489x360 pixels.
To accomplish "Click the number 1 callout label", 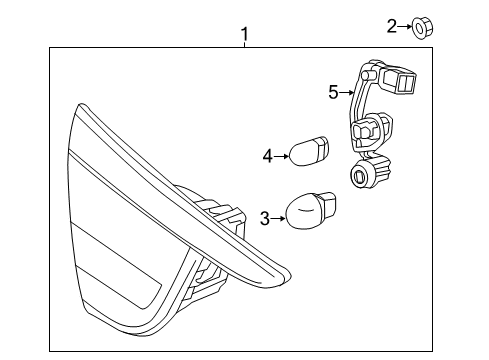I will coord(245,36).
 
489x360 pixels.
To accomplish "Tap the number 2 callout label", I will coord(393,27).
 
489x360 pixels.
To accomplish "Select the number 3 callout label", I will coord(264,217).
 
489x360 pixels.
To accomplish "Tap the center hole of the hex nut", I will coord(421,28).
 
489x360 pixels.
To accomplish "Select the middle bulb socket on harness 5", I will coord(367,131).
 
